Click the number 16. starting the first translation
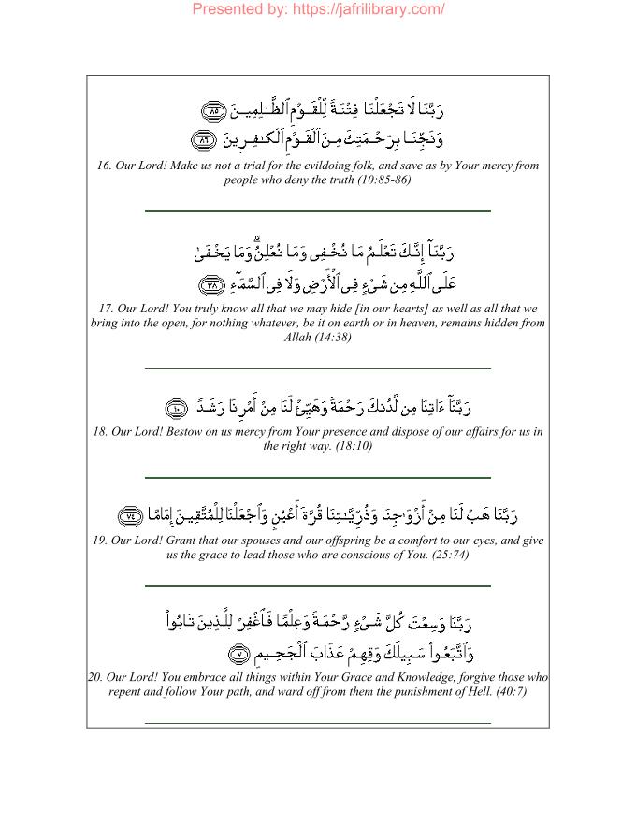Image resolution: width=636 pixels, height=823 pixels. [x=104, y=166]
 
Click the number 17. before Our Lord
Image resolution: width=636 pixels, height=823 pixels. [x=102, y=309]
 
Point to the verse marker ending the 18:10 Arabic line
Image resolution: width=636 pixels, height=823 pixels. [x=179, y=407]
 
